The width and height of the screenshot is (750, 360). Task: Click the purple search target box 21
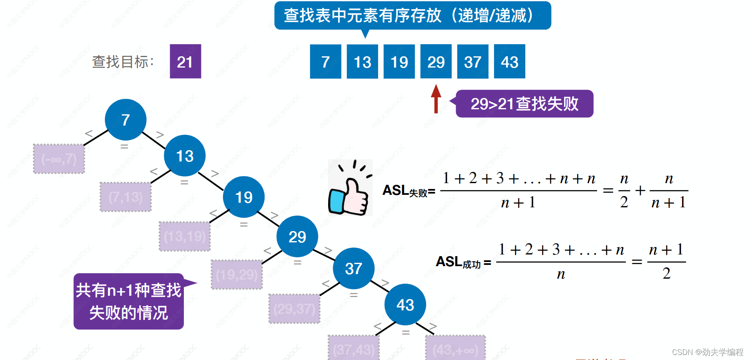pyautogui.click(x=185, y=61)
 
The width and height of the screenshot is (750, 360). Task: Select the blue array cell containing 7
pyautogui.click(x=325, y=61)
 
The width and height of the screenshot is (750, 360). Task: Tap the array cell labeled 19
pyautogui.click(x=399, y=61)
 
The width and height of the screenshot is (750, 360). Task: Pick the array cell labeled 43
pyautogui.click(x=509, y=61)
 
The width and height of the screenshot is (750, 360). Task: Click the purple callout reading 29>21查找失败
pyautogui.click(x=524, y=104)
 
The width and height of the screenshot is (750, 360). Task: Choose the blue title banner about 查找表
pyautogui.click(x=412, y=16)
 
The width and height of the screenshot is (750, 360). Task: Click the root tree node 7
pyautogui.click(x=125, y=120)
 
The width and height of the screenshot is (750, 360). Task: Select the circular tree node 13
pyautogui.click(x=185, y=156)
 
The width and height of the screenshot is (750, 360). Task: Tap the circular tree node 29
pyautogui.click(x=297, y=237)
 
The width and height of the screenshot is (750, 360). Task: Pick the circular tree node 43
pyautogui.click(x=405, y=305)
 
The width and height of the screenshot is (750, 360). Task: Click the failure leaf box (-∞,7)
pyautogui.click(x=59, y=159)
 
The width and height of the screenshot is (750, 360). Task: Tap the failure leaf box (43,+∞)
pyautogui.click(x=455, y=349)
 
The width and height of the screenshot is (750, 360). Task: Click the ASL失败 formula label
pyautogui.click(x=409, y=191)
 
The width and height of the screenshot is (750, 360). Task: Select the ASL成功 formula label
pyautogui.click(x=463, y=262)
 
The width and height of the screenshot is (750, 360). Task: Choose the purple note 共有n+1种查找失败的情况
pyautogui.click(x=128, y=301)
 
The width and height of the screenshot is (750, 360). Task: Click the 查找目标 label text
pyautogui.click(x=123, y=62)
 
